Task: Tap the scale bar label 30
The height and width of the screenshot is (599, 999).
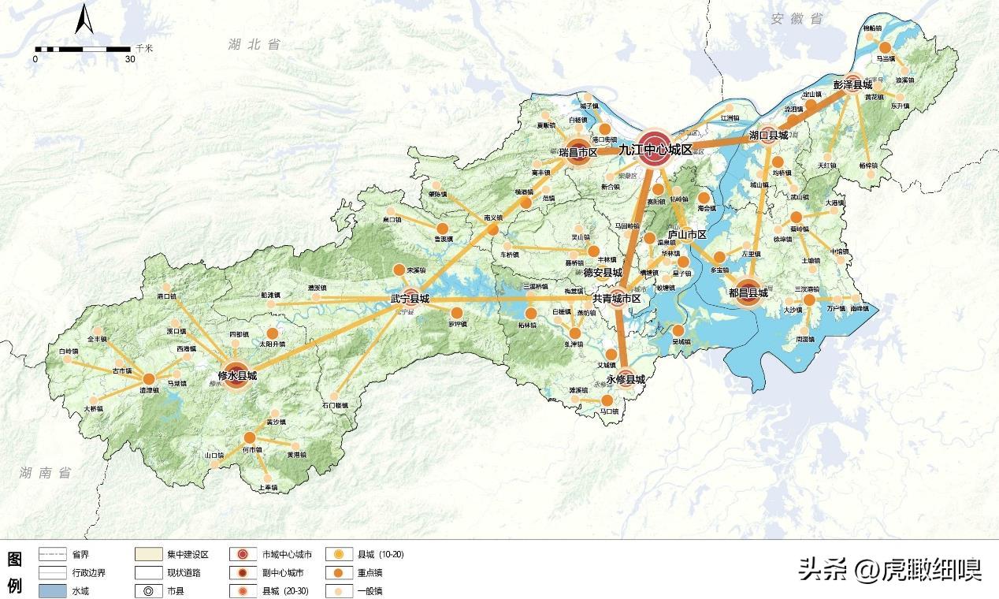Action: [130, 59]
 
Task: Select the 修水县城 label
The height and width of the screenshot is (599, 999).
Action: [236, 377]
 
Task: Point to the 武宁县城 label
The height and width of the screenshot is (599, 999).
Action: [410, 299]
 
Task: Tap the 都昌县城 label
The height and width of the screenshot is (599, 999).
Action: [748, 292]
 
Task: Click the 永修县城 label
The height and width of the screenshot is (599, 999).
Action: [626, 379]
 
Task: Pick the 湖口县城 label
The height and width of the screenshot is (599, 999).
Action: [768, 135]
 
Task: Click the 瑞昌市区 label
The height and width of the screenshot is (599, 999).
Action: [578, 151]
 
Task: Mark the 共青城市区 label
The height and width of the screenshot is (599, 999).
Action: [617, 299]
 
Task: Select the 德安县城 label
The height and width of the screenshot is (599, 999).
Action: [603, 272]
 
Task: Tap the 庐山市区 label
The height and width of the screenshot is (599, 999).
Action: [687, 235]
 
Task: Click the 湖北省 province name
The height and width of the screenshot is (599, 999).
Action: [254, 45]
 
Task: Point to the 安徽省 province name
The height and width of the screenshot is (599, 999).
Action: [797, 17]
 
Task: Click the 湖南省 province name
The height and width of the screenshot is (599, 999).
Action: [46, 472]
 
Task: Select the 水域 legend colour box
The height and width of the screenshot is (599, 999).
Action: [56, 591]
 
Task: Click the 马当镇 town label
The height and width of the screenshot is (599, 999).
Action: [886, 58]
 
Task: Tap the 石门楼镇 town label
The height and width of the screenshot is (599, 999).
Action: [334, 405]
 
